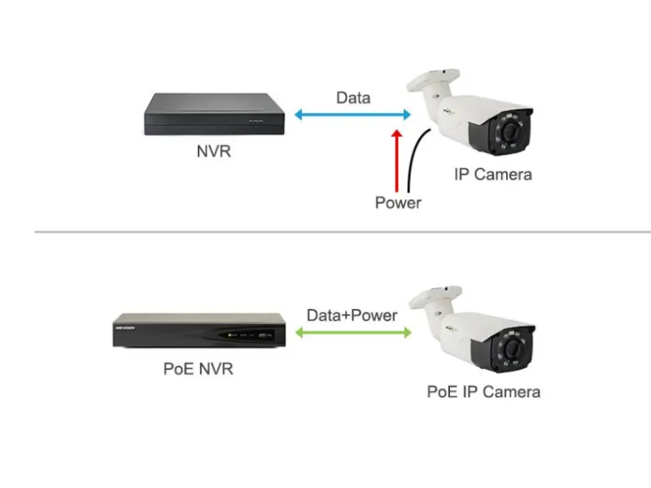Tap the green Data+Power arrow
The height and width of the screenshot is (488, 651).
point(352,332)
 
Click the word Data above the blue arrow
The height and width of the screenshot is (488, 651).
point(353,98)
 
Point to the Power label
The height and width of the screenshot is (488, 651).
point(398,203)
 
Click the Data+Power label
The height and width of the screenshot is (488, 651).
point(352,315)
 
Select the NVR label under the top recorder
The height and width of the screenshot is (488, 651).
point(213,150)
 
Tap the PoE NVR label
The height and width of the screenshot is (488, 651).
point(199,368)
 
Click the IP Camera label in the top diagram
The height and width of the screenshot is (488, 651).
point(493,174)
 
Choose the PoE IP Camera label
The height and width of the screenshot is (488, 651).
point(483,391)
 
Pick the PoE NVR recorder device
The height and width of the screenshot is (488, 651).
point(199,330)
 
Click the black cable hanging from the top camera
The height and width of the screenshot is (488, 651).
point(417,163)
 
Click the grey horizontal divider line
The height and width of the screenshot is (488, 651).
point(325,232)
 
